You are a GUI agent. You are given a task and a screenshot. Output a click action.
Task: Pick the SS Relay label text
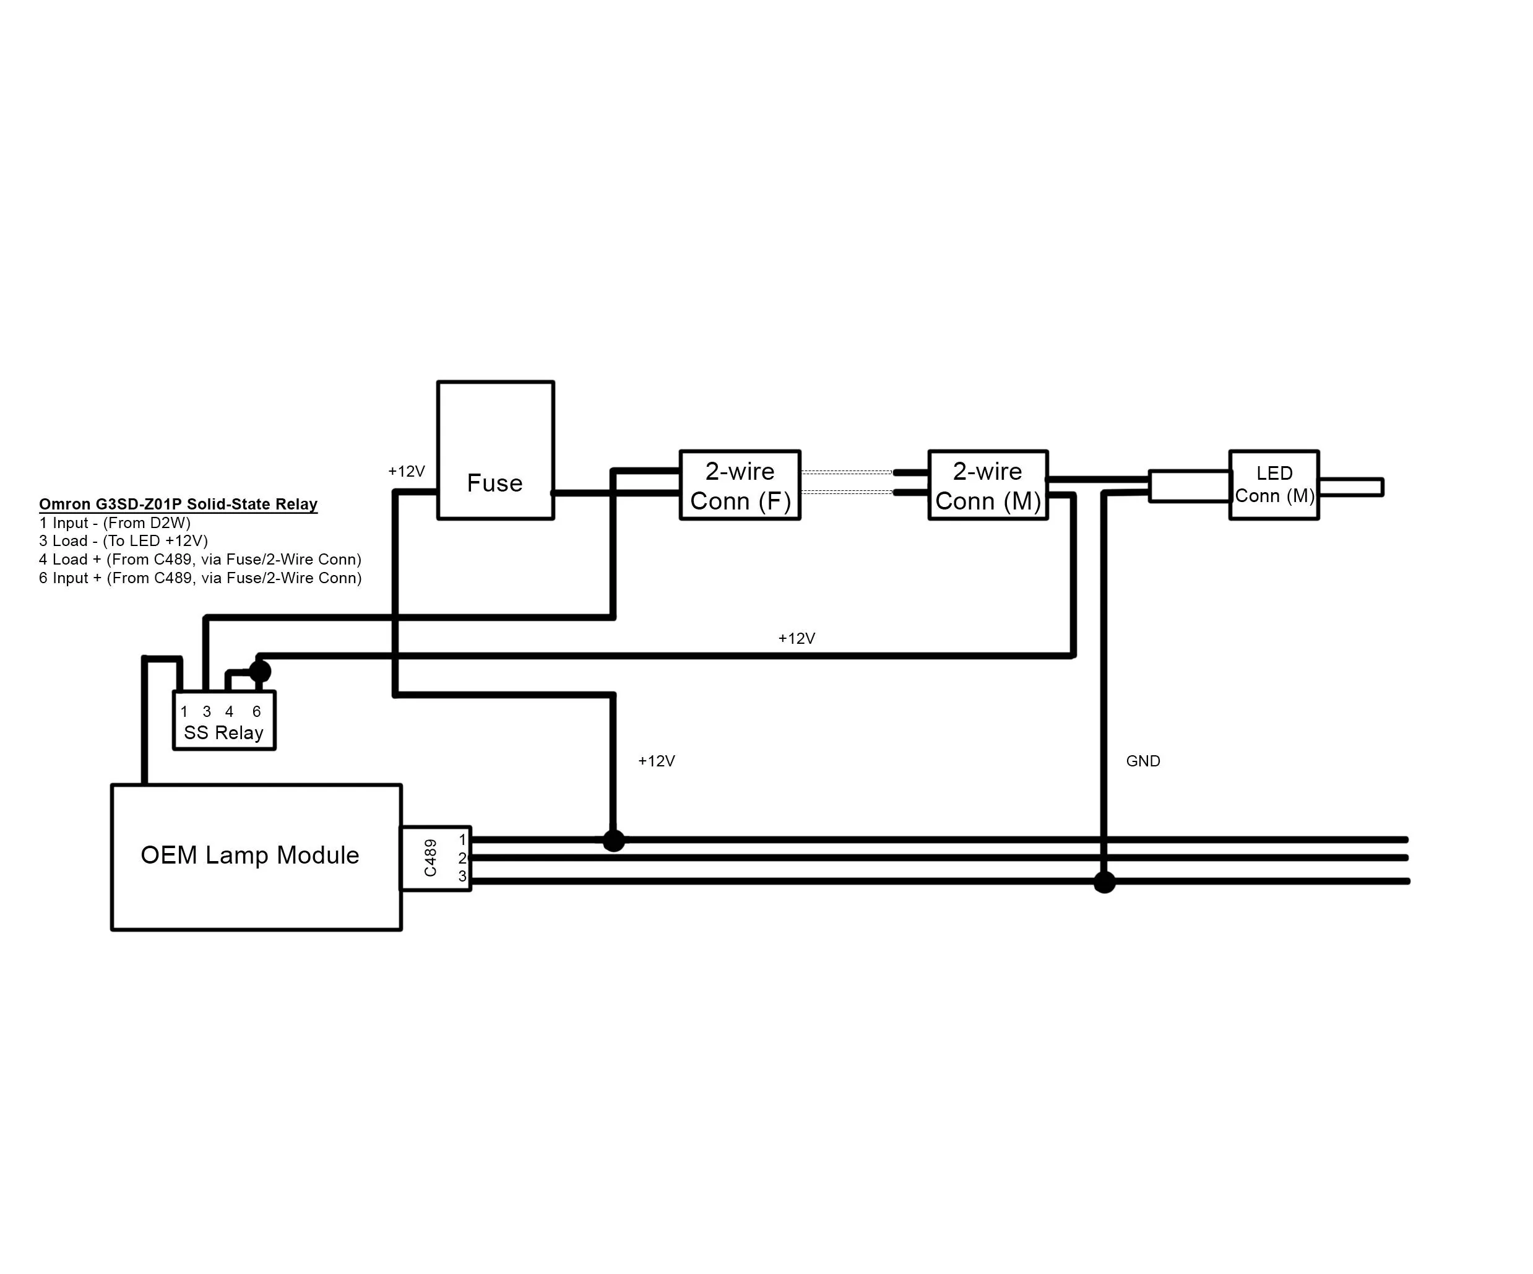(223, 733)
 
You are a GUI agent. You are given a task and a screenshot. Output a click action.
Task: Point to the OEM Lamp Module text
(249, 855)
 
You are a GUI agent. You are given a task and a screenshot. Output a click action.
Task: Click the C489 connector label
(431, 858)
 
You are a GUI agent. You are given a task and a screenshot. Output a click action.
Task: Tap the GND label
(1143, 761)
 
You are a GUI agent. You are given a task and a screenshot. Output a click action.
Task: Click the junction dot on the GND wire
(1105, 882)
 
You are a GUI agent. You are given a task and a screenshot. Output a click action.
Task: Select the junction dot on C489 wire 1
(614, 840)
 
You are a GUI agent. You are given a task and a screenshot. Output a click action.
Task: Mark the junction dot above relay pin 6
(260, 671)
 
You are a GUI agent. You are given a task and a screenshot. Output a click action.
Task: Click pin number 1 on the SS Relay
(184, 711)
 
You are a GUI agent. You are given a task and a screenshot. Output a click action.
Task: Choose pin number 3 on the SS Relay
(207, 711)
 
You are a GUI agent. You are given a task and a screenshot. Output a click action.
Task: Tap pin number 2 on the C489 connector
(462, 858)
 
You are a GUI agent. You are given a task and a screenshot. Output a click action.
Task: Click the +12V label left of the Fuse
(407, 472)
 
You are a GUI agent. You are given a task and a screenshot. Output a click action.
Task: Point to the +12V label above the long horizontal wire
(797, 639)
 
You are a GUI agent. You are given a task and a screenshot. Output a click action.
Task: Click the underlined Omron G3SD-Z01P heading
(178, 505)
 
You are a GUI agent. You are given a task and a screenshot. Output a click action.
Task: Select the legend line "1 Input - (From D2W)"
(114, 522)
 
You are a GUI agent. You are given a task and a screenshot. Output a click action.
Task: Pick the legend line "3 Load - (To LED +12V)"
(123, 541)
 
